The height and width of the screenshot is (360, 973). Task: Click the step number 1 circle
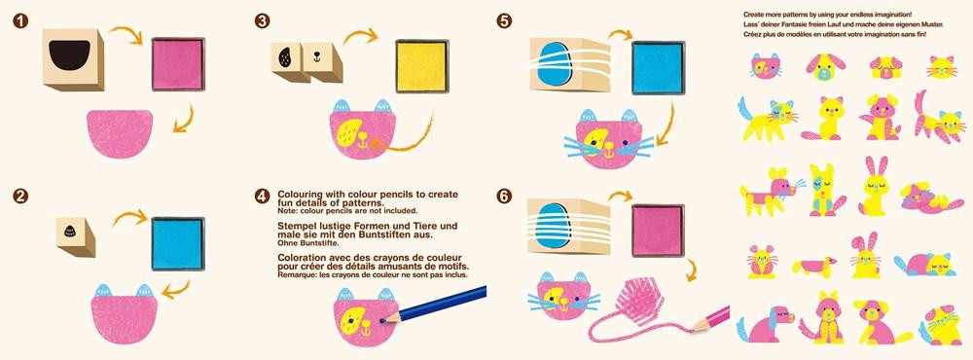(x=20, y=20)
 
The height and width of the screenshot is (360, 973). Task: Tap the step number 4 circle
(x=262, y=197)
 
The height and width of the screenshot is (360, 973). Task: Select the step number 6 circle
(x=504, y=197)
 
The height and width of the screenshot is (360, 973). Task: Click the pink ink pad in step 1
(x=178, y=64)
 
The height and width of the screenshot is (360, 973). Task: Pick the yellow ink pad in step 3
(x=422, y=66)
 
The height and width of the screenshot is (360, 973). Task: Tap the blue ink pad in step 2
(x=178, y=243)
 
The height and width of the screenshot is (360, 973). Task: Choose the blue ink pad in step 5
(x=659, y=68)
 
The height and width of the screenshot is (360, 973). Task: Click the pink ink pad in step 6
(x=659, y=231)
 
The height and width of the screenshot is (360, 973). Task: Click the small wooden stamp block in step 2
(x=75, y=236)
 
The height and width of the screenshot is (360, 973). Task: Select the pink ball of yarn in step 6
(x=638, y=301)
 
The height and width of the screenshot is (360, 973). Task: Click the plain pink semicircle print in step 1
(x=120, y=133)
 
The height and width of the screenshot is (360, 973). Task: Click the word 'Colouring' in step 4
(x=299, y=194)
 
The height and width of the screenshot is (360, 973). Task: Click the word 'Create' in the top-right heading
(x=754, y=14)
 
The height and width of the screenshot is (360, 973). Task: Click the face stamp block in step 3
(x=322, y=61)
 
